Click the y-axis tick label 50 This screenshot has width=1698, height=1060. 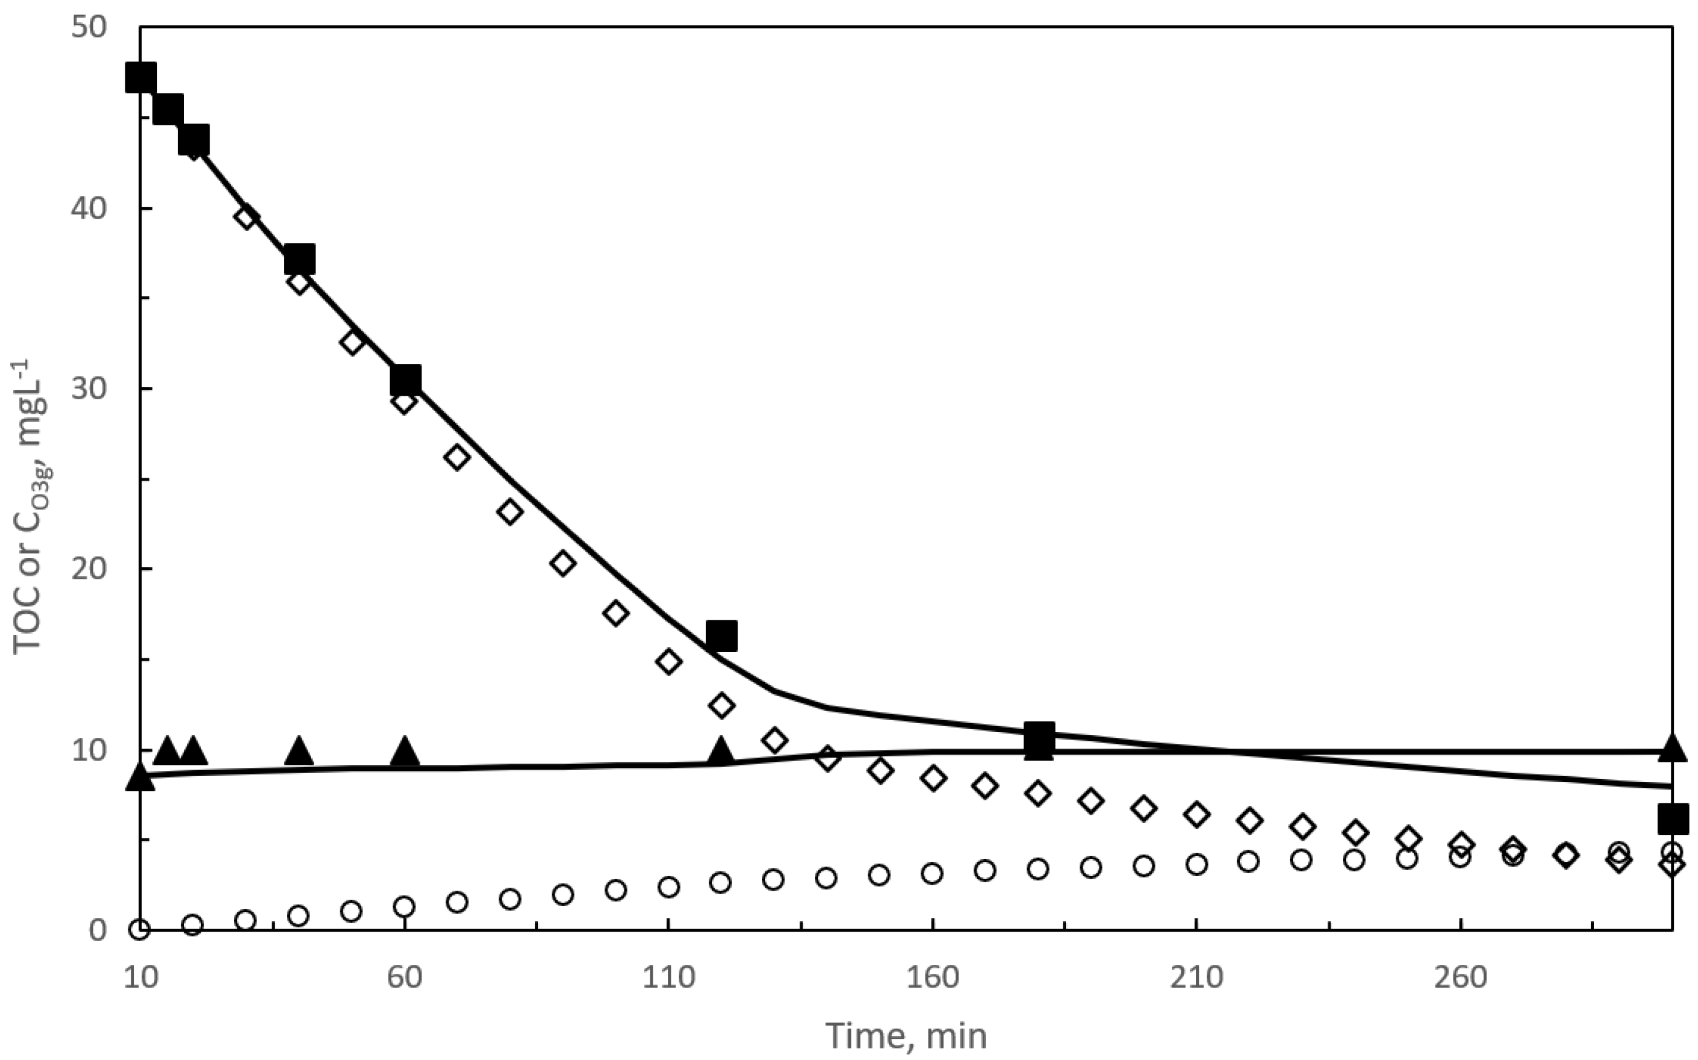point(89,28)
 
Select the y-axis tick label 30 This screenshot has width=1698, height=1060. point(89,389)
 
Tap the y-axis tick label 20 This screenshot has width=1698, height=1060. point(89,569)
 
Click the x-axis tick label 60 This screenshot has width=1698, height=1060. point(404,977)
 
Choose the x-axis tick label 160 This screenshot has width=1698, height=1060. point(932,977)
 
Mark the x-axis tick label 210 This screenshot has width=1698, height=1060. point(1196,977)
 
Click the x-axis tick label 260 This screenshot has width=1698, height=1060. point(1460,977)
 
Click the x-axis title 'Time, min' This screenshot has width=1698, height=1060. point(906,1036)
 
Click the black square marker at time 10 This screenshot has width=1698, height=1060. point(141,77)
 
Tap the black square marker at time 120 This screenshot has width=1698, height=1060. point(722,636)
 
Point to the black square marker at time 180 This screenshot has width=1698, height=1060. point(1039,740)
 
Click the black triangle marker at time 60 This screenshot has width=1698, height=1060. point(404,752)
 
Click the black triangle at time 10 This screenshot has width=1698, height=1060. point(140,778)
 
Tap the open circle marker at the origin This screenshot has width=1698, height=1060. point(140,930)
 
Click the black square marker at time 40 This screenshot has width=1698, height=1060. point(299,260)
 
